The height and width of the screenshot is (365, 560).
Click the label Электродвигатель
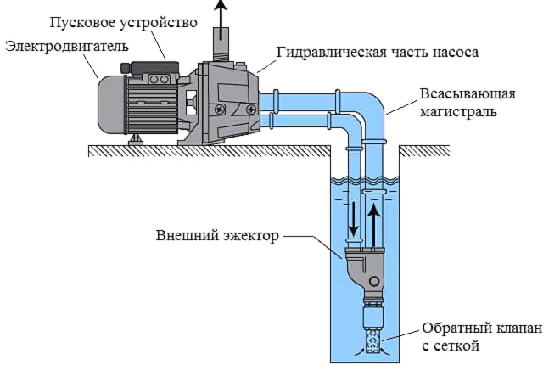pos(67,47)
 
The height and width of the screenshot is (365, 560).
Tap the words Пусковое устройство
pos(123,23)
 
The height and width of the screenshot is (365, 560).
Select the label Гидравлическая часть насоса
pos(378,53)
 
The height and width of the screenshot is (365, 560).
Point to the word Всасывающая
pos(468,94)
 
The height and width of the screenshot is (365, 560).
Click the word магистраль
pos(458,111)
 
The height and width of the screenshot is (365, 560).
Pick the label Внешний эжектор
pos(217,236)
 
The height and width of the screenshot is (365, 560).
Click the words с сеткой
pos(451,346)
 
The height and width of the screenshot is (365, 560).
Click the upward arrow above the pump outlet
pos(221,19)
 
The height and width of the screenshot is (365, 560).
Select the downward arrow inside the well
pos(354,219)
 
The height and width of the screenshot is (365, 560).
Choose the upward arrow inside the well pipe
pos(374,226)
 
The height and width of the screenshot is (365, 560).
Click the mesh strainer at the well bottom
pos(373,340)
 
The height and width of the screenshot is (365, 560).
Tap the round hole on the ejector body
pos(374,281)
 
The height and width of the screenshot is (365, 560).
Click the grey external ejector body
pos(365,267)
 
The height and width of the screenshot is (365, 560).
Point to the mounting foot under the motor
pos(136,140)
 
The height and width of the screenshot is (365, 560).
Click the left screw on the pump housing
pos(219,109)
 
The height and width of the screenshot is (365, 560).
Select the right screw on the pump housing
pos(251,108)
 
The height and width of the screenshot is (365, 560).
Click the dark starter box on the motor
pos(150,68)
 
